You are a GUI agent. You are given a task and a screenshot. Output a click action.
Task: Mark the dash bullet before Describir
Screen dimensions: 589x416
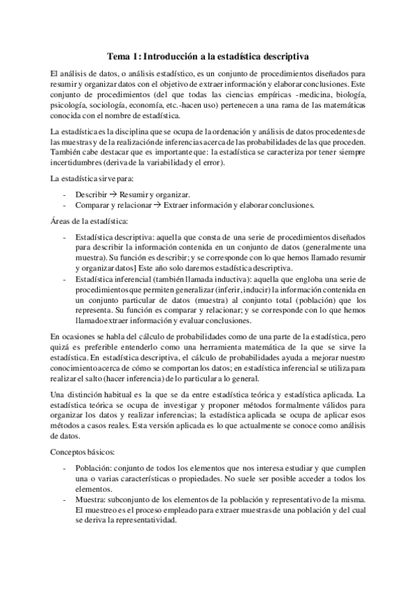coord(64,194)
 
